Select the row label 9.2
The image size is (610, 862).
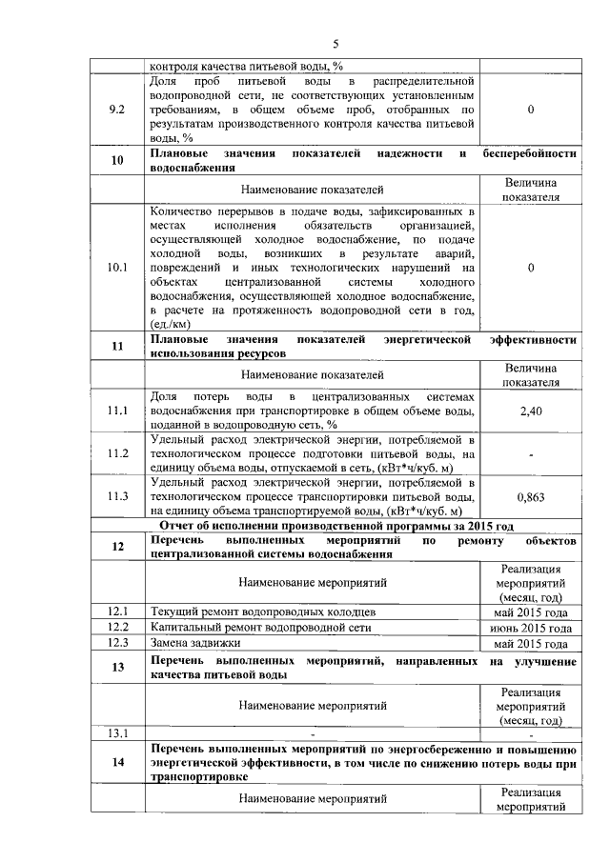[118, 110]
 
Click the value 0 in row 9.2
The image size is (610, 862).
[530, 110]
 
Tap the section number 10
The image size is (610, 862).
[118, 159]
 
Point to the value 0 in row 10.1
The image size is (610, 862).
[530, 268]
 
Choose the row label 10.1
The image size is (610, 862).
[118, 268]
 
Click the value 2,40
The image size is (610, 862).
[530, 411]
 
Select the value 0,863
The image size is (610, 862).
[530, 497]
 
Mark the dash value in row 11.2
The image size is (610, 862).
[530, 454]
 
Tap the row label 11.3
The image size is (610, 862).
[118, 497]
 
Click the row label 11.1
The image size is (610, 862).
[118, 411]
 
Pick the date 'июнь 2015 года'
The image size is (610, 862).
[530, 628]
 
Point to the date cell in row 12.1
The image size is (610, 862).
[530, 611]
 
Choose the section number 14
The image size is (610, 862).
[118, 762]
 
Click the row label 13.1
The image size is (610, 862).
[118, 732]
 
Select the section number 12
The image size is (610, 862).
[118, 547]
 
